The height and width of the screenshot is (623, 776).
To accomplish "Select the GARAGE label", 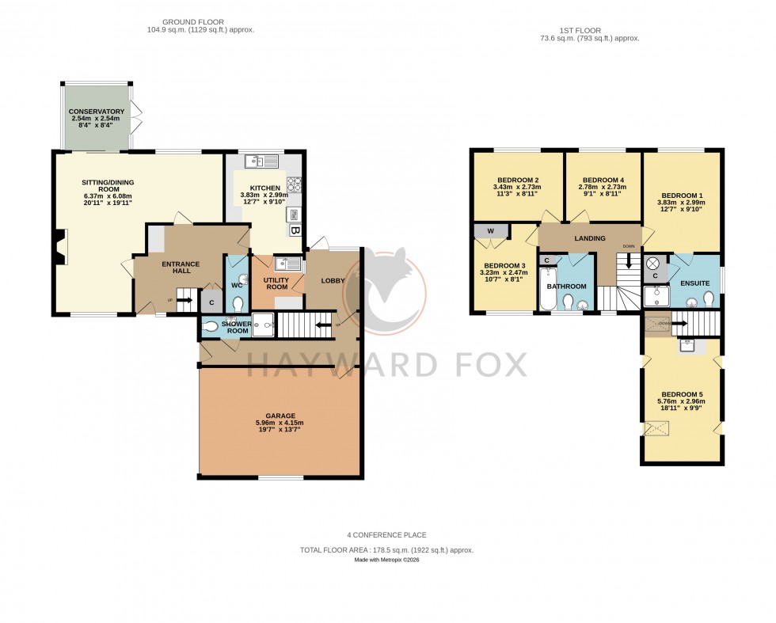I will coord(280,416).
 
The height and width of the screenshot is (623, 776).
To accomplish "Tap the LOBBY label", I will coord(332,280).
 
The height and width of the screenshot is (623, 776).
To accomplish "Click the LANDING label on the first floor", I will coord(590,238).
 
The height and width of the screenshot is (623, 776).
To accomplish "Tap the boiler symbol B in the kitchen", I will coord(295,231).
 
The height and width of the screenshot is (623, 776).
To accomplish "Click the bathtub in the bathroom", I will coord(547,290).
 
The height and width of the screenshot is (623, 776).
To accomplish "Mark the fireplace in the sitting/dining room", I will coord(60,246).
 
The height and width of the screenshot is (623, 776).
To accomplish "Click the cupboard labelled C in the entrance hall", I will coord(211,302).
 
